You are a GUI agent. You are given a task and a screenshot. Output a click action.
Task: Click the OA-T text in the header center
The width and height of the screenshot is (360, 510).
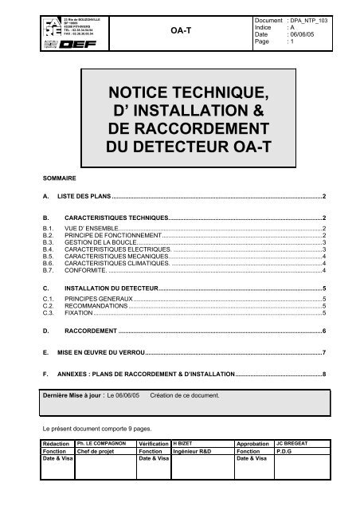pos(180,30)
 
